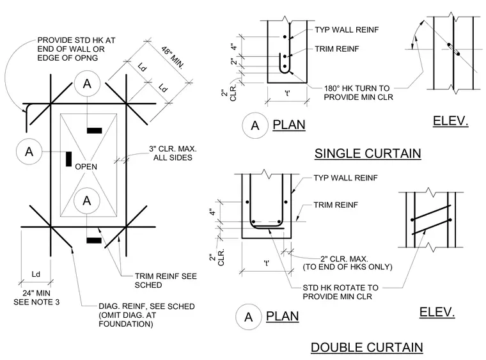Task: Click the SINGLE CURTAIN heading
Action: tap(368, 153)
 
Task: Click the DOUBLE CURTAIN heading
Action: tap(366, 347)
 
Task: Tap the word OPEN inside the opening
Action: tap(86, 167)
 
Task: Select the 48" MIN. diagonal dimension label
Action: tap(173, 58)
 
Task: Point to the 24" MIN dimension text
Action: tap(36, 293)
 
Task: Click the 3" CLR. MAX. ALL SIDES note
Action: tap(173, 153)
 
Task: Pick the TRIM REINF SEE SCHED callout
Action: tap(166, 280)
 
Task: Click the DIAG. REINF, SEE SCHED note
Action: tap(146, 315)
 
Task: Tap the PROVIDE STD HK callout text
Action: tap(76, 49)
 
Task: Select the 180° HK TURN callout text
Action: tap(358, 93)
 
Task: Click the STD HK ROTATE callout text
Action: tap(340, 292)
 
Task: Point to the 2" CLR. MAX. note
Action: tap(347, 263)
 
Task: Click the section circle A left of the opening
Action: tap(29, 152)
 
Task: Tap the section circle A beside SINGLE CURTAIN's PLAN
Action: tap(255, 125)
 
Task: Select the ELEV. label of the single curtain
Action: tap(450, 121)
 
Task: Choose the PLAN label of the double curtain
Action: tap(283, 317)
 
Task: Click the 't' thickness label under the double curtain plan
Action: tap(266, 263)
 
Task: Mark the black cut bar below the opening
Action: tap(94, 240)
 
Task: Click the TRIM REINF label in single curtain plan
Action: tap(337, 49)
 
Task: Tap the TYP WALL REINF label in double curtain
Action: tap(345, 178)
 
